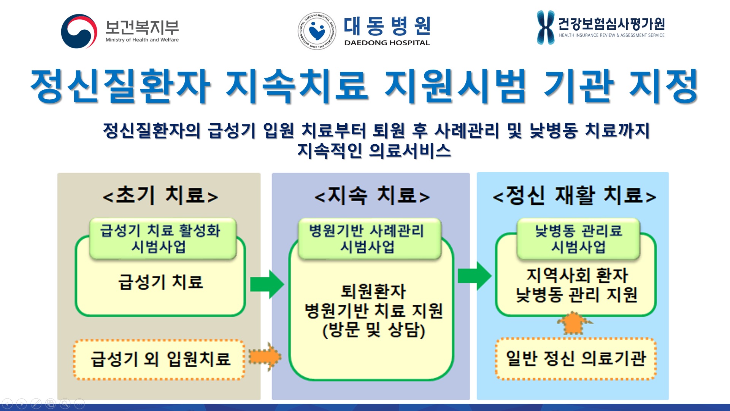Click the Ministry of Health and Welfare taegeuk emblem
tap(79, 32)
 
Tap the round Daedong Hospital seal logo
tap(317, 31)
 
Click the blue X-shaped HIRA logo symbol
tap(545, 27)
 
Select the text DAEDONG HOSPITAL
tap(387, 43)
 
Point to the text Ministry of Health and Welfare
tap(142, 40)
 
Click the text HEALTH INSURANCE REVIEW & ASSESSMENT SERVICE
tap(611, 35)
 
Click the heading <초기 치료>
tap(160, 196)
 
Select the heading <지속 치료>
tap(372, 196)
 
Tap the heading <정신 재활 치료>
tap(574, 196)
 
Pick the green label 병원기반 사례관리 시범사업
tap(367, 239)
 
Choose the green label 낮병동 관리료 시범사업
tap(578, 239)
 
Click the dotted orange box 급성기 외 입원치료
tap(160, 359)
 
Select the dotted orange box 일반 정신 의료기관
tap(576, 358)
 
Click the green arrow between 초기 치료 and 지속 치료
tap(267, 284)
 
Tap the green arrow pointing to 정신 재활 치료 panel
tap(474, 276)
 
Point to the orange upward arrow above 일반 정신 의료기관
tap(574, 323)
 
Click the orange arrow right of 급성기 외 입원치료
tap(265, 357)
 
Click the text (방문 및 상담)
tap(373, 330)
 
